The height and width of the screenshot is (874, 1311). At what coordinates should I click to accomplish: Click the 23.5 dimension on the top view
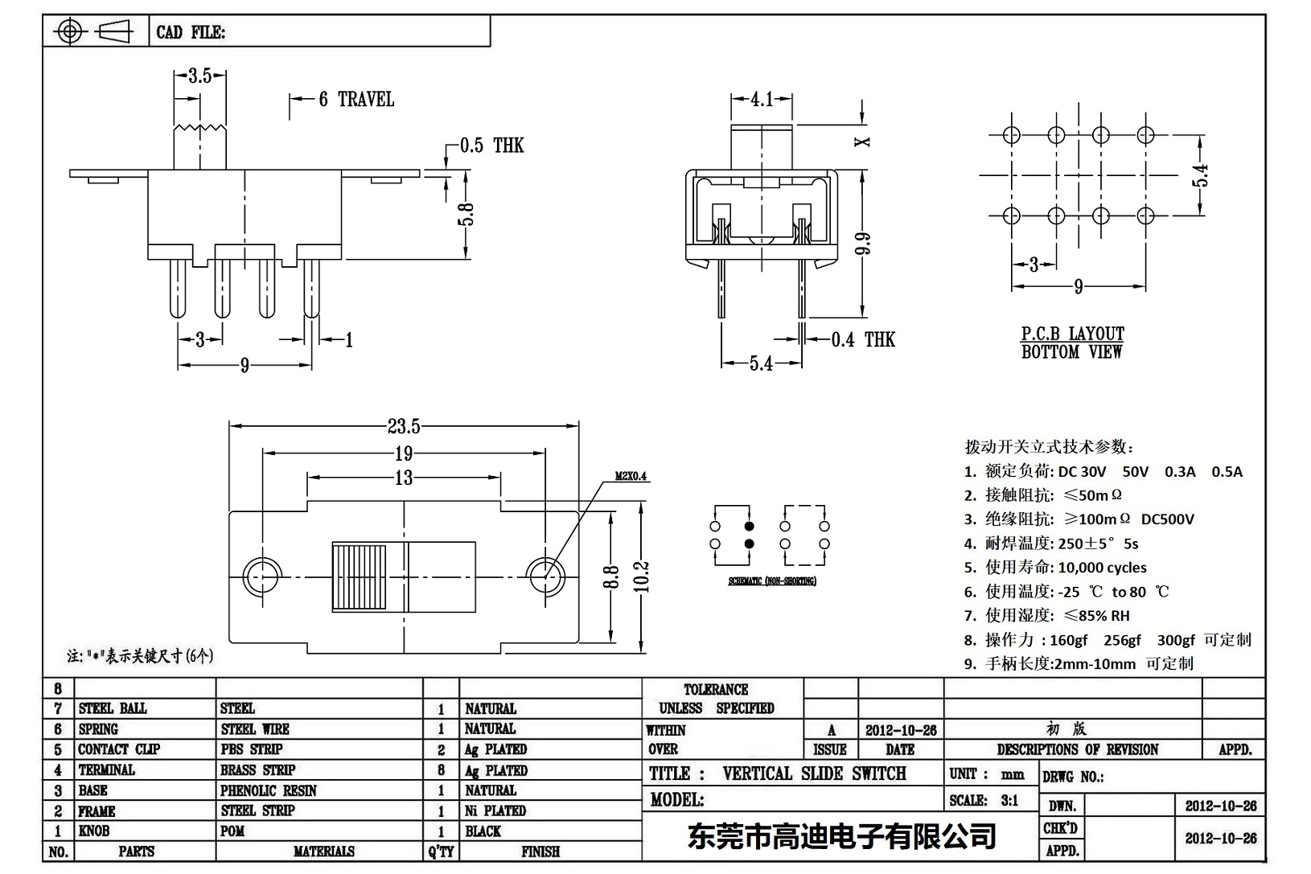(x=403, y=427)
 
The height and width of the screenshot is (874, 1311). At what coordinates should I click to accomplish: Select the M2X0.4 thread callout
(x=631, y=476)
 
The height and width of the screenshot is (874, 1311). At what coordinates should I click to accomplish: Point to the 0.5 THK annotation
(x=491, y=146)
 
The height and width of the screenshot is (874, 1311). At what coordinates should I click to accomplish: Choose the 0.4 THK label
(x=863, y=339)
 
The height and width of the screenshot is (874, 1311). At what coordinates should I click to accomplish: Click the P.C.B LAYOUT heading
(x=1072, y=334)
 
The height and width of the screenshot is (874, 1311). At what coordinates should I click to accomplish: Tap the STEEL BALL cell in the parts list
(x=113, y=708)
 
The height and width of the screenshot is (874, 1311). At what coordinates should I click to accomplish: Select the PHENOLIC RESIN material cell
(x=269, y=790)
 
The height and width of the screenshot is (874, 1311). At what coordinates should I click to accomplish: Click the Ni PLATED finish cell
(x=495, y=810)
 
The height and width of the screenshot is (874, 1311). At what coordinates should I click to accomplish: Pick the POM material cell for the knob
(x=232, y=831)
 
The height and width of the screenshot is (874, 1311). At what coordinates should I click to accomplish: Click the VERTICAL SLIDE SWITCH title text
(x=814, y=773)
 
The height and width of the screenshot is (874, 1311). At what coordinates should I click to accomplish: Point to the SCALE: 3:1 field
(x=984, y=800)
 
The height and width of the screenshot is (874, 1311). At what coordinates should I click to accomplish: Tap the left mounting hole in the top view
(x=261, y=576)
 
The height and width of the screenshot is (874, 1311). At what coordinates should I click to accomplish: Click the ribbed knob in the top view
(x=359, y=577)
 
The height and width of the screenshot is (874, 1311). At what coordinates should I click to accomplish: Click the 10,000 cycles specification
(x=1102, y=568)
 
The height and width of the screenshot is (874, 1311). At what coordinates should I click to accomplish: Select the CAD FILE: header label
(x=191, y=32)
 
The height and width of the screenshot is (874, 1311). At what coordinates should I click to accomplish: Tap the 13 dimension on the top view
(x=404, y=478)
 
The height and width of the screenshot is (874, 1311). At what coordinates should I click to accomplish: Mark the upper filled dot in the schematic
(x=750, y=527)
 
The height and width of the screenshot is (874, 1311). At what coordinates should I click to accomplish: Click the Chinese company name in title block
(x=842, y=837)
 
